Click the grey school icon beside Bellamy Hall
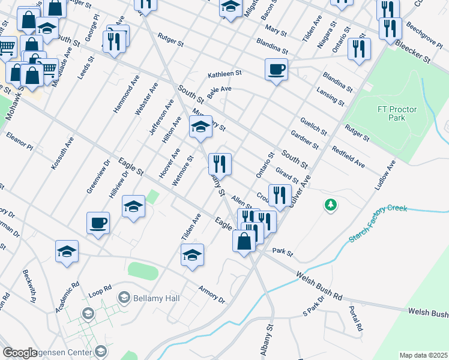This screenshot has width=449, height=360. [x=124, y=297]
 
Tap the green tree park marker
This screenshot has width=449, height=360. [x=330, y=206]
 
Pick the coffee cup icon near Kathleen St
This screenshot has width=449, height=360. [x=276, y=69]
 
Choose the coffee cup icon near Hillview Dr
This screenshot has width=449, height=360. [x=98, y=223]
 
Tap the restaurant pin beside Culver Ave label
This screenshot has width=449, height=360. [x=280, y=194]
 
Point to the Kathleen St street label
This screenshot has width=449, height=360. [x=224, y=74]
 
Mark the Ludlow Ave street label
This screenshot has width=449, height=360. [x=385, y=175]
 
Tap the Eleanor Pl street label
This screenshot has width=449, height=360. [x=19, y=140]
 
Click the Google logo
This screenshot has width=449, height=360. [x=20, y=353]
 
